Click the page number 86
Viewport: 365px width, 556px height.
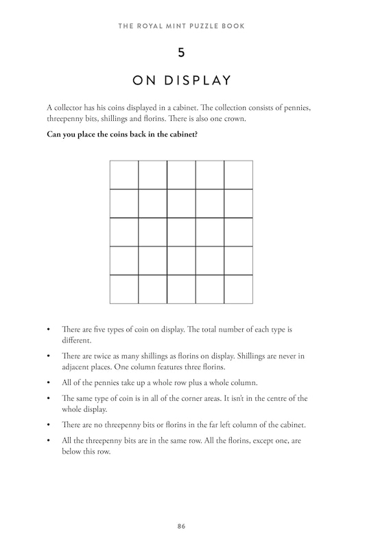click(x=181, y=526)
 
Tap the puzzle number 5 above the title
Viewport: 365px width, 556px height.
click(x=181, y=53)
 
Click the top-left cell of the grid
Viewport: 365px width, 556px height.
click(x=123, y=174)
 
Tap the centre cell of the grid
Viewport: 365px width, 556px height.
click(x=181, y=232)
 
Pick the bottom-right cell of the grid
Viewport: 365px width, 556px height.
click(x=238, y=289)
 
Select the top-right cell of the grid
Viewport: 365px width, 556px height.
click(x=238, y=174)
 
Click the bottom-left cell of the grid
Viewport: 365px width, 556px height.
click(x=123, y=289)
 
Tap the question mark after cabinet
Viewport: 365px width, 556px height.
click(x=197, y=134)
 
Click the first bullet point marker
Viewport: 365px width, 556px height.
click(x=48, y=330)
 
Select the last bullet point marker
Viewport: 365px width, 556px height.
click(x=48, y=441)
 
